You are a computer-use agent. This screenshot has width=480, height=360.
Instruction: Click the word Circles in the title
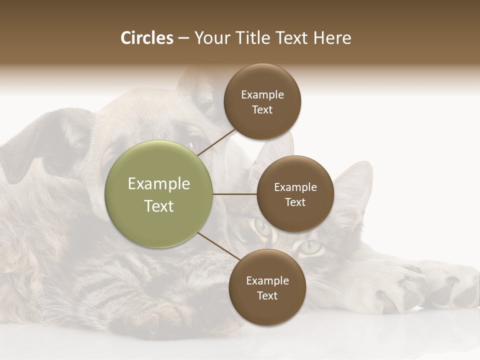[146, 38]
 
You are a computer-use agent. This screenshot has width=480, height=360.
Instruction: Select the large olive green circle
[158, 194]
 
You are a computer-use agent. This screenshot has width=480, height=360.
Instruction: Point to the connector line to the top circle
[216, 142]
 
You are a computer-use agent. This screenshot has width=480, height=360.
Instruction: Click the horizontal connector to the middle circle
[234, 194]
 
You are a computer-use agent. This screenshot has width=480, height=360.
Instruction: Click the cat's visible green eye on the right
[311, 246]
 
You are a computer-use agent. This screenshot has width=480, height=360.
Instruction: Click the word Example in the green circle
[158, 183]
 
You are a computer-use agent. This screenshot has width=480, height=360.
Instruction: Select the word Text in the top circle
[262, 109]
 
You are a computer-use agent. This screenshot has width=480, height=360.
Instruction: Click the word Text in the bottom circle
[267, 295]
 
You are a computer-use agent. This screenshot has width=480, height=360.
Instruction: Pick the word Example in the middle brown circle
[295, 187]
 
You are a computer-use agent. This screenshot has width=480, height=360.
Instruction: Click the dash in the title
[183, 38]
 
